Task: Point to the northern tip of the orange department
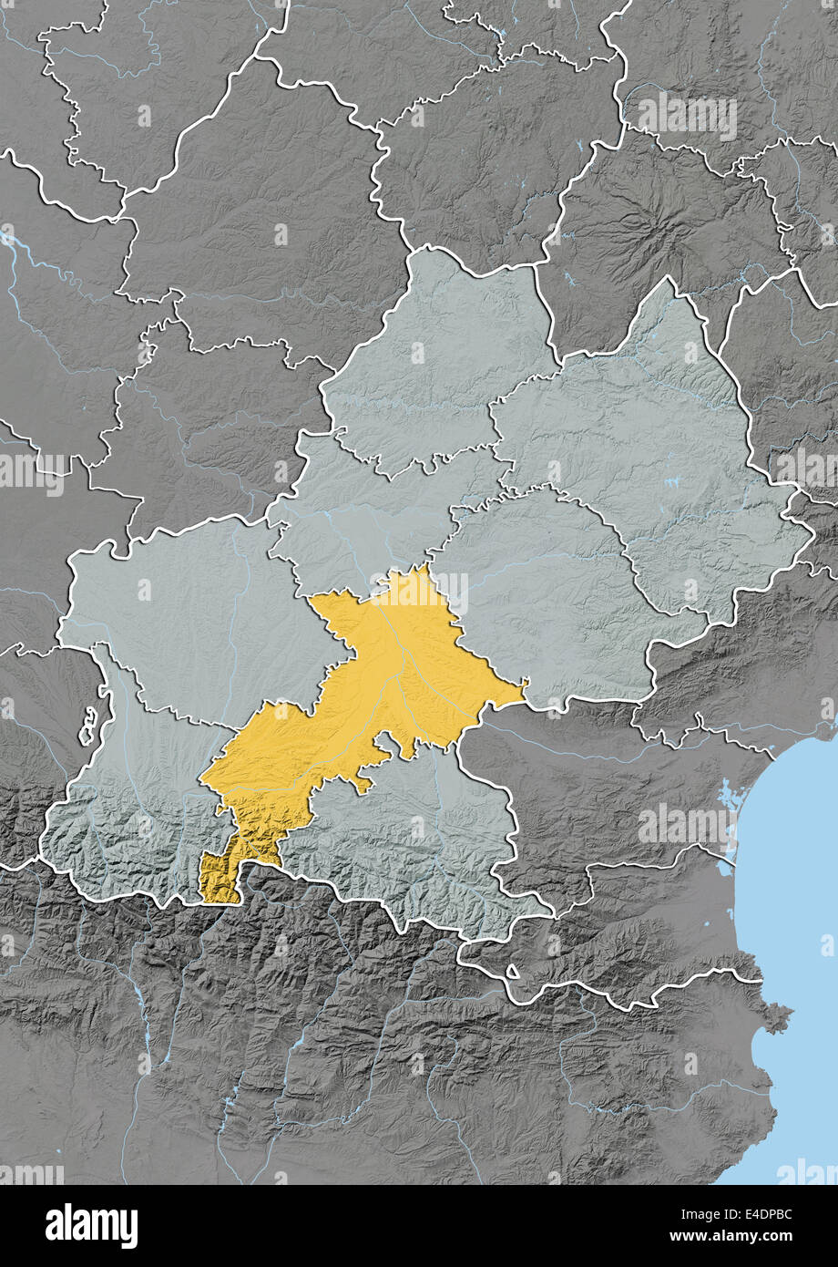click(422, 567)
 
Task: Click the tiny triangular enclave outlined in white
click(512, 972)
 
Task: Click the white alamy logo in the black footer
click(91, 1226)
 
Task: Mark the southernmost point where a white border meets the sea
click(761, 982)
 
